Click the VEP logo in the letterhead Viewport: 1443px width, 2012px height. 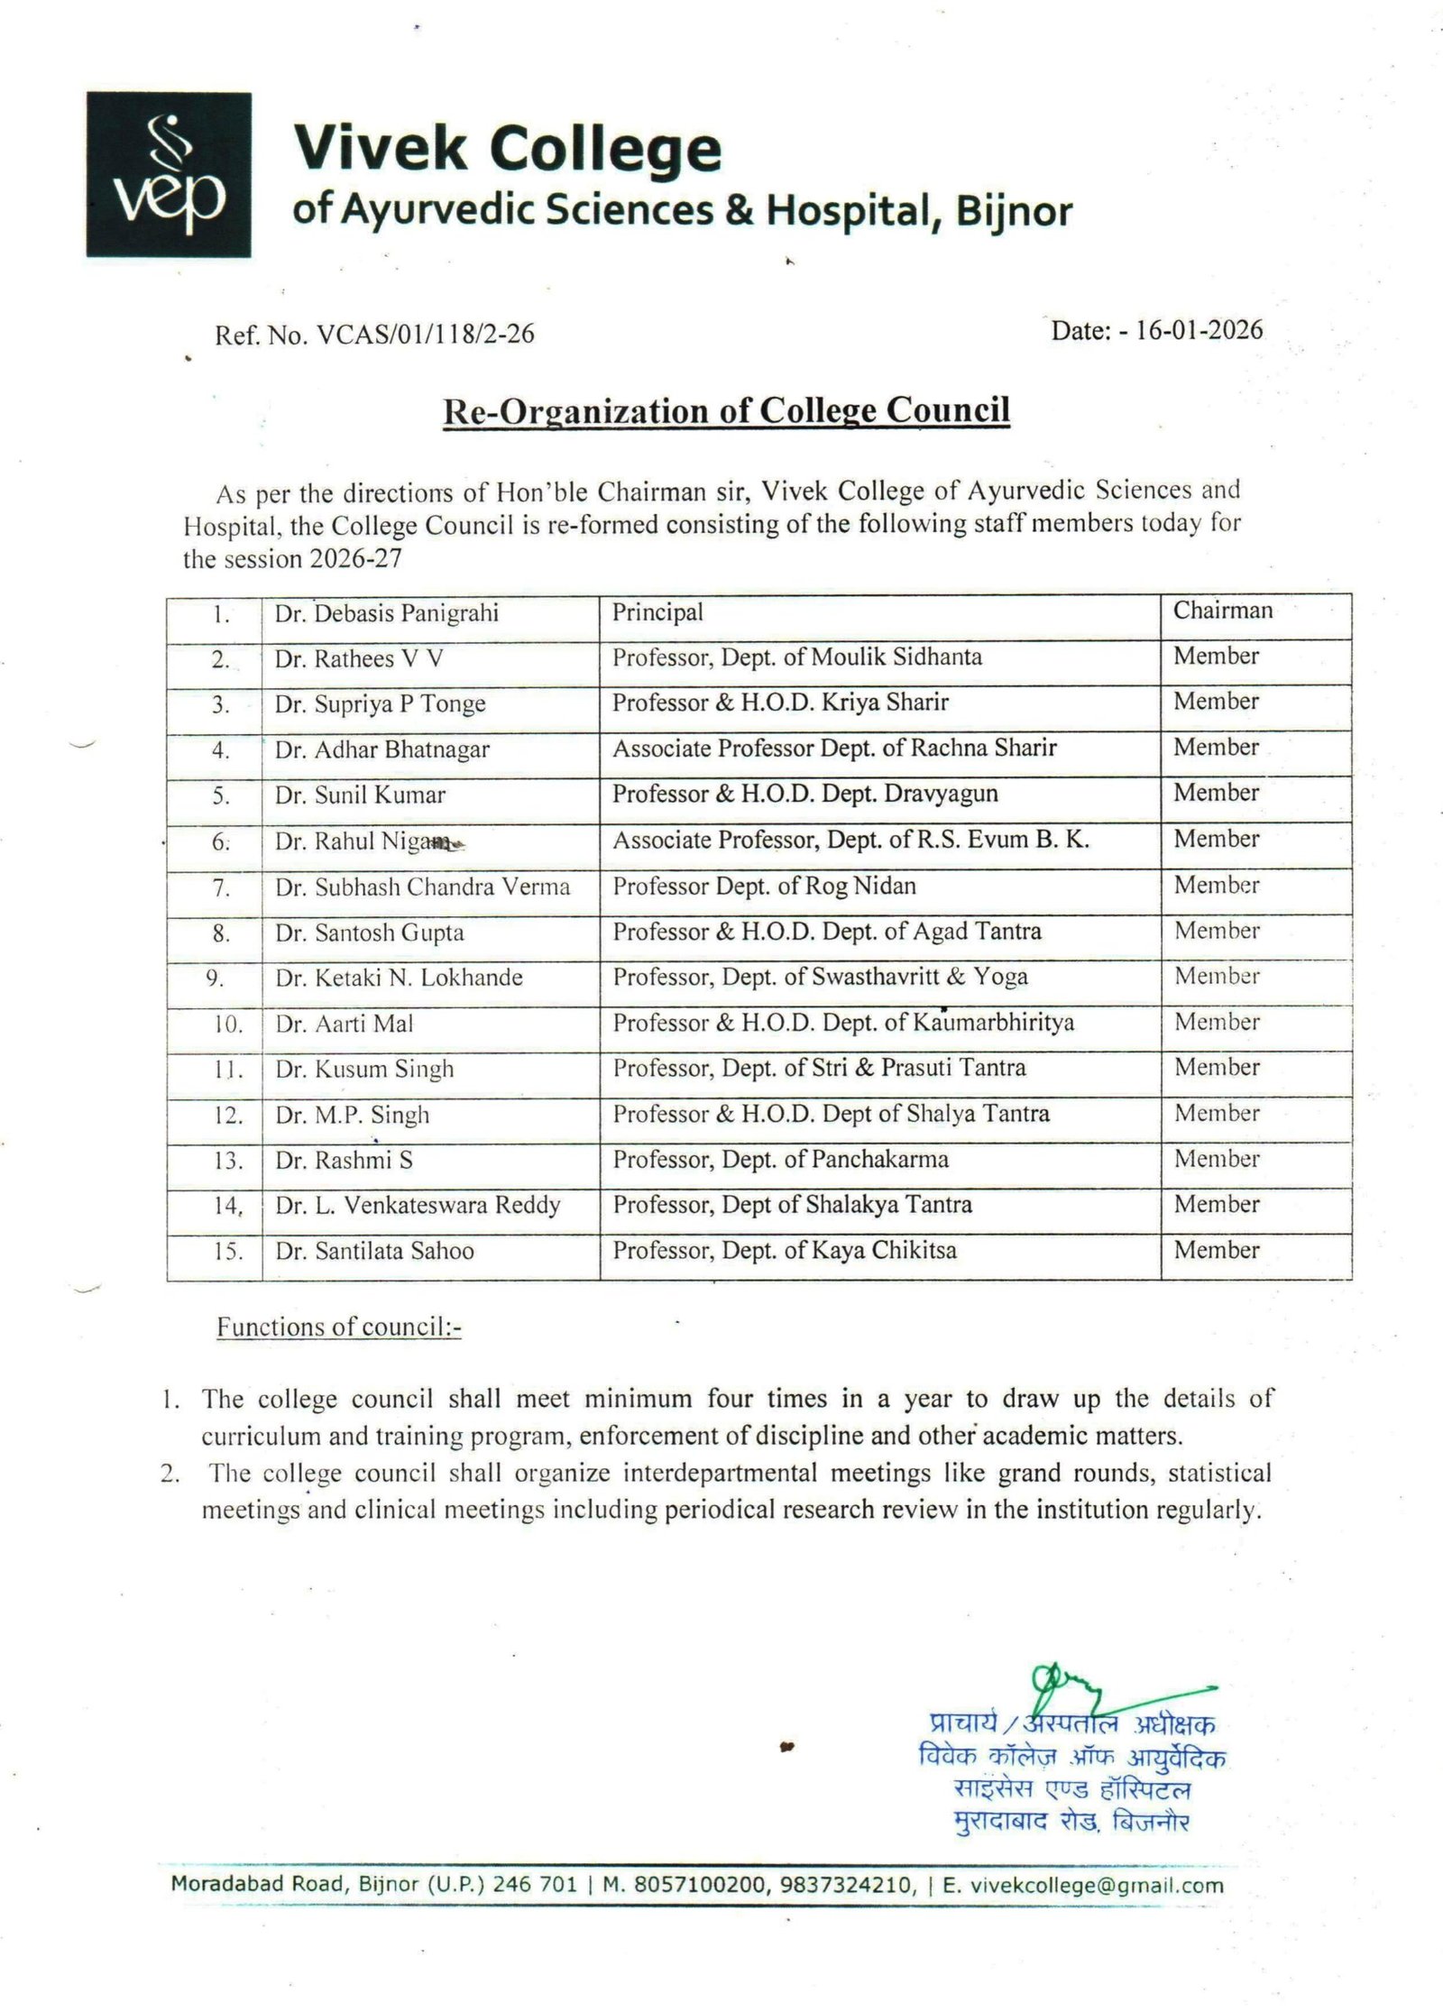click(x=169, y=174)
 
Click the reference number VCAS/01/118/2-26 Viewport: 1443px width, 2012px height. click(x=423, y=335)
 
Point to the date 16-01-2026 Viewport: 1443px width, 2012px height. click(x=1199, y=330)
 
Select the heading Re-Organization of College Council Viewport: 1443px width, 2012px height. click(x=726, y=410)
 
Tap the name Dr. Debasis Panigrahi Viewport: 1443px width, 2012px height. click(x=387, y=614)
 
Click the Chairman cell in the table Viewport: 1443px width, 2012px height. click(x=1222, y=611)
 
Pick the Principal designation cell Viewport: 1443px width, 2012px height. click(x=657, y=612)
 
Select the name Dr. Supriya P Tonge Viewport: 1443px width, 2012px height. click(x=381, y=704)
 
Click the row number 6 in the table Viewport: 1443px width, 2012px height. click(x=221, y=841)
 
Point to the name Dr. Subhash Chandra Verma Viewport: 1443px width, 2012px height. click(x=423, y=887)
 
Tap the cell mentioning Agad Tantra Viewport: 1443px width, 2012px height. click(x=827, y=932)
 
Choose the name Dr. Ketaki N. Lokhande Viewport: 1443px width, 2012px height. click(x=400, y=978)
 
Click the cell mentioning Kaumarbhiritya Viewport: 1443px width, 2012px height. click(x=843, y=1023)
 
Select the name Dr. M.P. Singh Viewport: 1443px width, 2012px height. click(x=353, y=1116)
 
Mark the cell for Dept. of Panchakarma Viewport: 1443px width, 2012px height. click(x=780, y=1160)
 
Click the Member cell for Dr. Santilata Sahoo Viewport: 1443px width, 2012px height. click(x=1217, y=1251)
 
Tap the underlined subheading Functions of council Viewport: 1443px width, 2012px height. click(x=338, y=1328)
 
